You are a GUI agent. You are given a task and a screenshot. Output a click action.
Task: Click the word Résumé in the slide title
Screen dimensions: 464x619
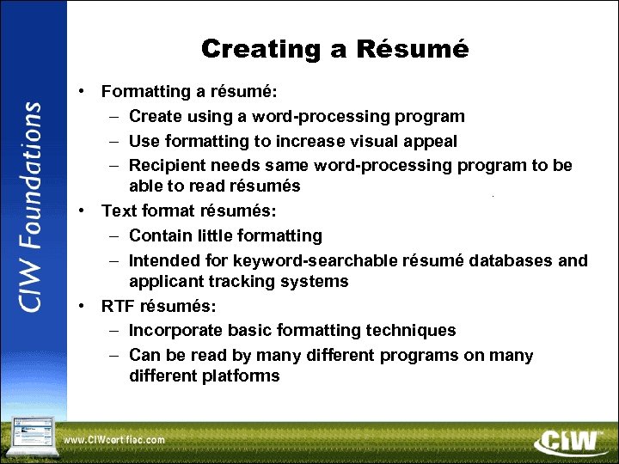418,49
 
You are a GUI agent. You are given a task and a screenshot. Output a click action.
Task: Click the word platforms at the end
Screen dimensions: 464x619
241,376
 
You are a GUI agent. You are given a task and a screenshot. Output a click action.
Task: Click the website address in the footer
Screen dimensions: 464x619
114,440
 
